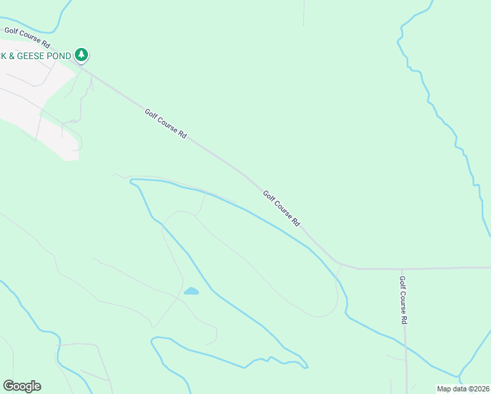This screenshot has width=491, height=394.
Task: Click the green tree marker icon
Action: point(81,55)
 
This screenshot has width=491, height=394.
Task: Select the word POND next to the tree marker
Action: point(58,56)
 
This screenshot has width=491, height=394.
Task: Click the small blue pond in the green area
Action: point(191,291)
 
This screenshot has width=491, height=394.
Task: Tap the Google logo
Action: point(22,386)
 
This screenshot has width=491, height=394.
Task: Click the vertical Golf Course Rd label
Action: point(404,299)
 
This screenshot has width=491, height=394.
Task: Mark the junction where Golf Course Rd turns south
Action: point(402,269)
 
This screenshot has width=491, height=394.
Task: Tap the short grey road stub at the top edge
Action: point(303,13)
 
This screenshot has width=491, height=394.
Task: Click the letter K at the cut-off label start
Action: point(3,56)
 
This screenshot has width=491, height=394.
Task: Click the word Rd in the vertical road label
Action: point(404,319)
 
